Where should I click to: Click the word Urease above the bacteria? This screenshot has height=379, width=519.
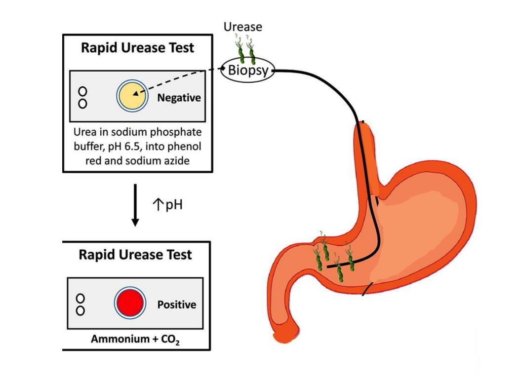(242, 27)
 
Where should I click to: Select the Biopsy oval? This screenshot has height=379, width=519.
(247, 71)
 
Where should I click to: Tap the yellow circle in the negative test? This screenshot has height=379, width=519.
(131, 95)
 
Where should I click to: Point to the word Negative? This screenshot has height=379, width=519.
(179, 98)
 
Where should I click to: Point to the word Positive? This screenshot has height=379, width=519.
(176, 304)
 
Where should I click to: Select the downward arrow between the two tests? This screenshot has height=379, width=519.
(134, 205)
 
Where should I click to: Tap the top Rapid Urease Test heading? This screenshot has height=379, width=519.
(137, 48)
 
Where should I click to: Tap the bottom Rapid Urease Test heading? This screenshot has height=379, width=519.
(135, 255)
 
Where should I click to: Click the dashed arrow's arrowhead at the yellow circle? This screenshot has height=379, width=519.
(136, 92)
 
